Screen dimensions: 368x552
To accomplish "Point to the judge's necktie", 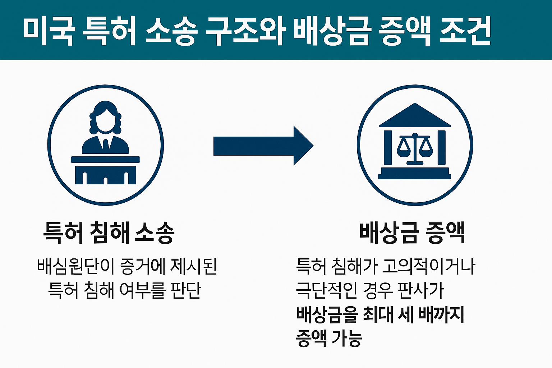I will pyautogui.click(x=106, y=144).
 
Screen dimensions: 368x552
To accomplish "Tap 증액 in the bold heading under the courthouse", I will pyautogui.click(x=445, y=233).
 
